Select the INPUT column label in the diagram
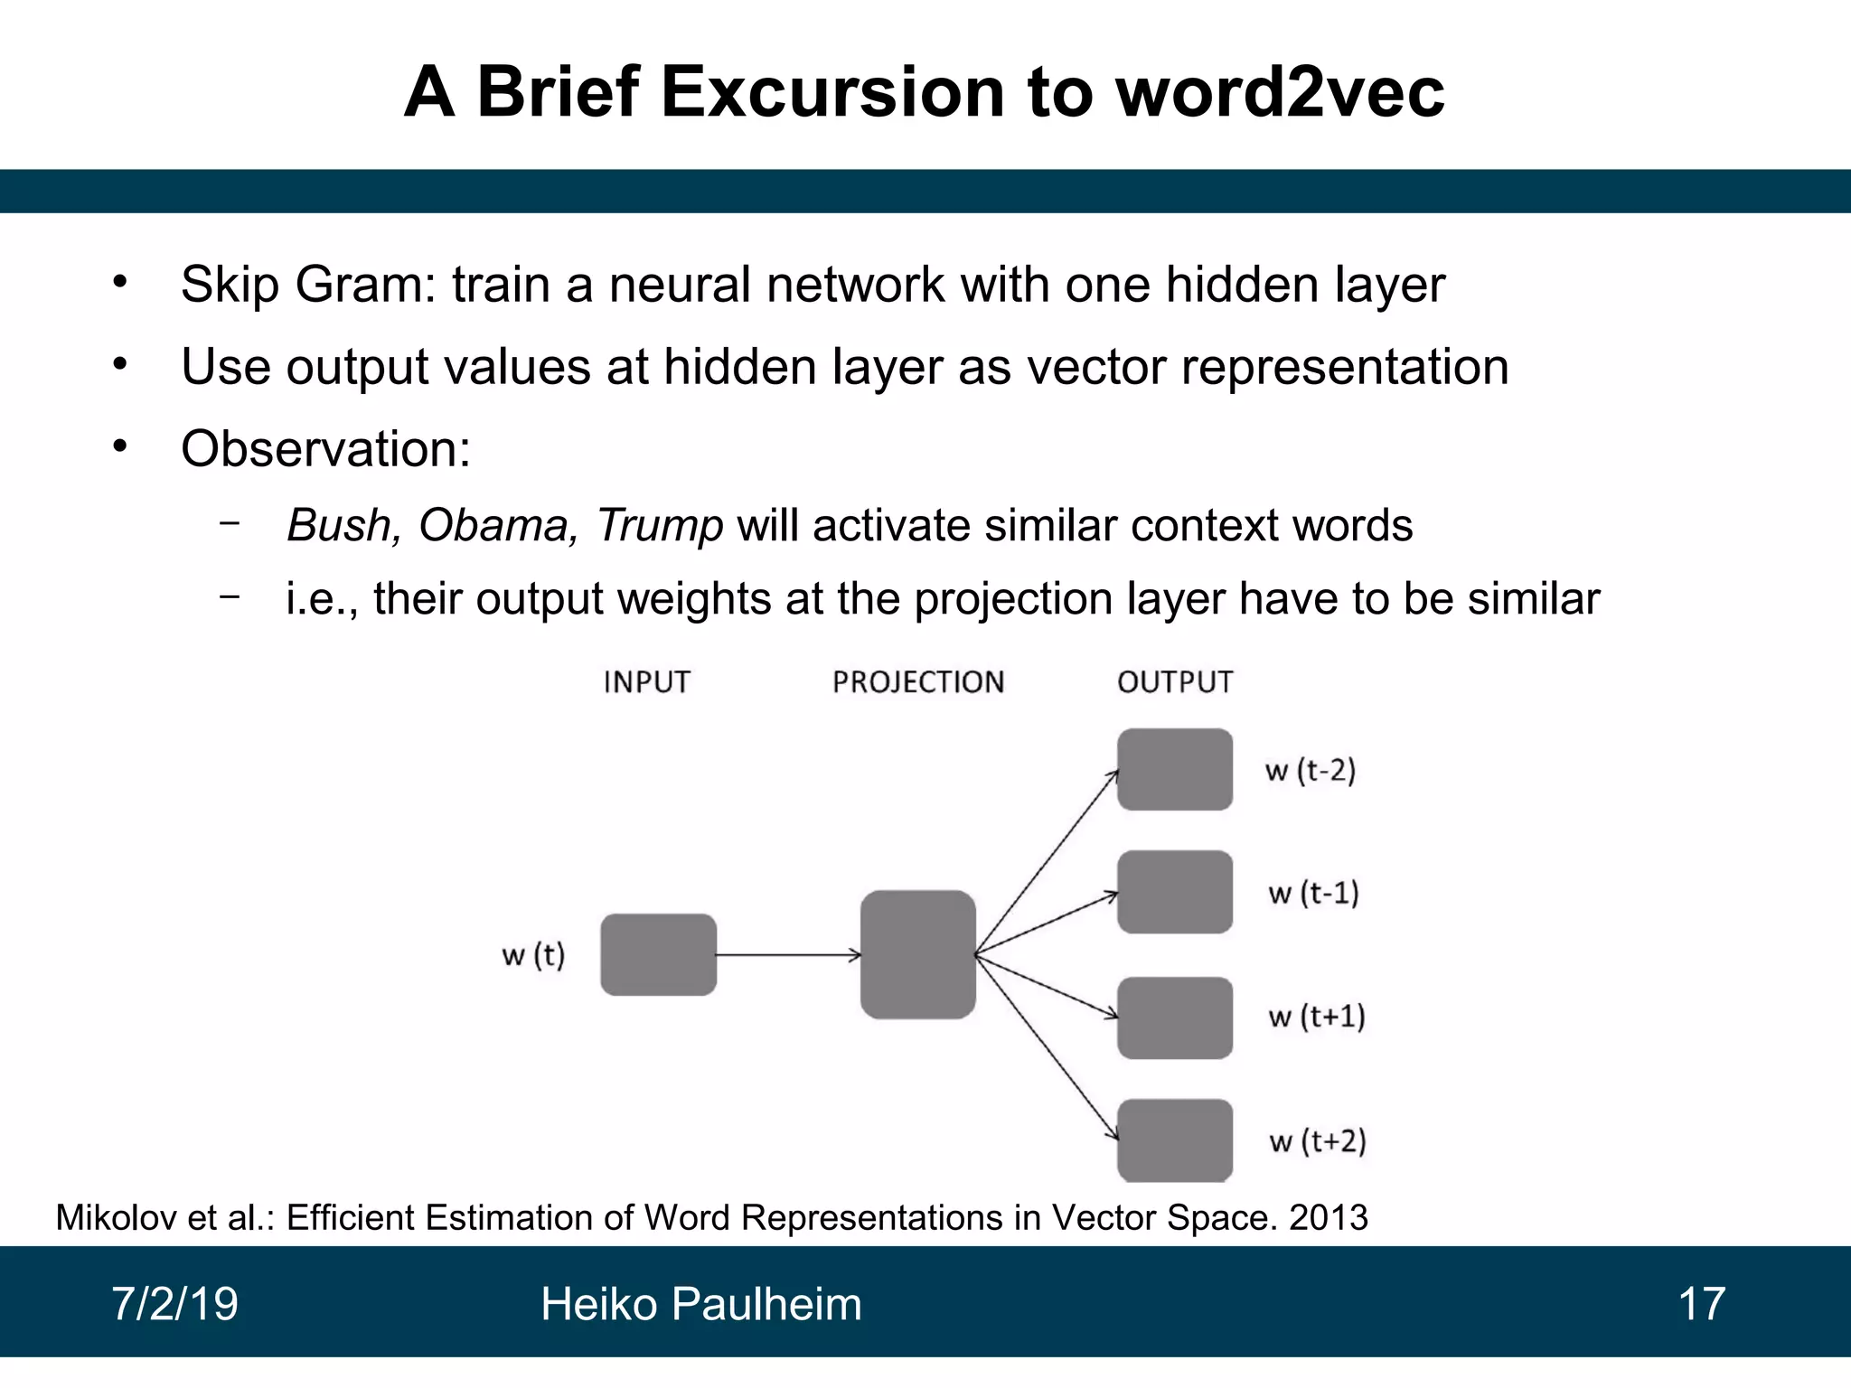pos(646,681)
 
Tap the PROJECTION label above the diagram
pos(918,681)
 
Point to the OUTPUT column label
pos(1175,681)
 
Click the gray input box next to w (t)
pos(658,954)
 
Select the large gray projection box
pos(917,954)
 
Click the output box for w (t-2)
pos(1175,769)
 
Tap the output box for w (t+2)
pos(1175,1139)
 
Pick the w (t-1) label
pos(1313,893)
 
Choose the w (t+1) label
pos(1316,1017)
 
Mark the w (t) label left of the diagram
pos(533,954)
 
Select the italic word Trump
pos(659,525)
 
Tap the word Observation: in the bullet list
pos(325,448)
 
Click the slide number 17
pos(1701,1304)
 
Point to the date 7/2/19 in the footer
pos(174,1304)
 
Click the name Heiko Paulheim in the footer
pos(700,1304)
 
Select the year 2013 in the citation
pos(1328,1217)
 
